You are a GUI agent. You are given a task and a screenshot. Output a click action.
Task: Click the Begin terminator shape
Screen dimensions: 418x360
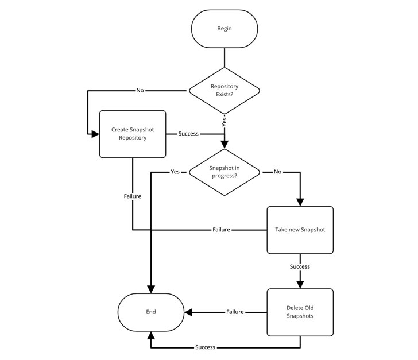225,29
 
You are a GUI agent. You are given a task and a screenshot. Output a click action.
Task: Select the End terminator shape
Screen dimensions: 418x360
151,312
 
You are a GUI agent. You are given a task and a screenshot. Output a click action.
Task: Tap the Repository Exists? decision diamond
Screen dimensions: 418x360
225,91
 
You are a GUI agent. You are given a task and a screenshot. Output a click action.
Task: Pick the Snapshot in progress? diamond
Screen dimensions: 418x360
225,172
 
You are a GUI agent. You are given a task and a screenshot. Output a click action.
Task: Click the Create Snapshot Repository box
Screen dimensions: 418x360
133,134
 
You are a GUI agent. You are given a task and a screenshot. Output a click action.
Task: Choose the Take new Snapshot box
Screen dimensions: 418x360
300,230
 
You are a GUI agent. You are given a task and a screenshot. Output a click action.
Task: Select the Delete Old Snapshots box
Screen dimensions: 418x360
300,312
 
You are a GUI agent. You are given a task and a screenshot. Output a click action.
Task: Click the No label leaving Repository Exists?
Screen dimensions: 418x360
140,90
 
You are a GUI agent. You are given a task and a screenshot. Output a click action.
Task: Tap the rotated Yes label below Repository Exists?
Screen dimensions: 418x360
224,122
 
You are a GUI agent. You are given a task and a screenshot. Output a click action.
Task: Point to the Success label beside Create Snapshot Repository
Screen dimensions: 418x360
188,134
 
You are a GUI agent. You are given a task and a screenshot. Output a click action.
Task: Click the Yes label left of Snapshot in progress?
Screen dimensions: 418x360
175,172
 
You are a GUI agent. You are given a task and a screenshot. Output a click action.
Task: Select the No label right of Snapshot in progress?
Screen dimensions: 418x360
277,172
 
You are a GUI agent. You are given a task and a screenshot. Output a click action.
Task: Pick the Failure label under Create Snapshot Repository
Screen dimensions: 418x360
133,196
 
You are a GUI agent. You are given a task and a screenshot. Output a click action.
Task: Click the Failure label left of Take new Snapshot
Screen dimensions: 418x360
221,230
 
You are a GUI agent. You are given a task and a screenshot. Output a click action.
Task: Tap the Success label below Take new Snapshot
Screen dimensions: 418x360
300,266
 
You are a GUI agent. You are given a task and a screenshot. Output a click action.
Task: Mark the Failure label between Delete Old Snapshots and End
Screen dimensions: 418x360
235,312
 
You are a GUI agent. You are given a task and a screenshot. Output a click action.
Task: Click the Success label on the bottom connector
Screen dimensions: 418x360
206,347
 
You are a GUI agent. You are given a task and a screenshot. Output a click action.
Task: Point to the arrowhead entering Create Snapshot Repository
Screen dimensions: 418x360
95,134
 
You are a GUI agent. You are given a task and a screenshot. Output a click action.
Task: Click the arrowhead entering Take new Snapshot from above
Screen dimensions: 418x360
300,203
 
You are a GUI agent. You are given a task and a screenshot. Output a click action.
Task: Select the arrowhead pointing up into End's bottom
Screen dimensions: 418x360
151,335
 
